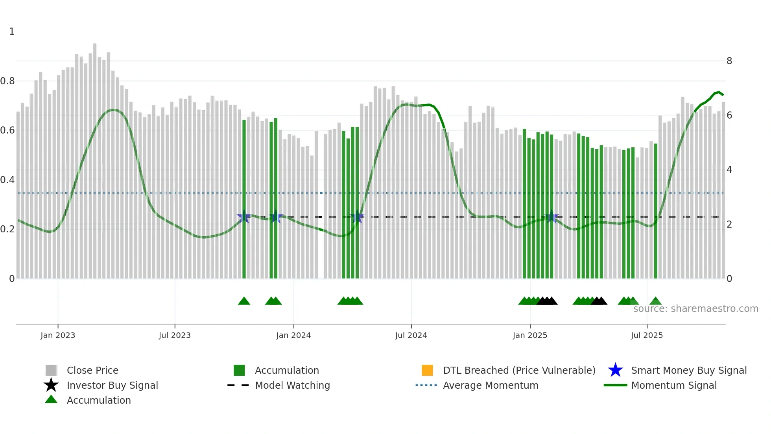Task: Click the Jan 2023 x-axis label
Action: point(57,335)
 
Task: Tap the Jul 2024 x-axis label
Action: point(411,335)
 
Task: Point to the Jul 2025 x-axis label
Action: point(647,335)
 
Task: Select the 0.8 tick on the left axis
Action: point(7,81)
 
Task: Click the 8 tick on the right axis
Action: point(729,61)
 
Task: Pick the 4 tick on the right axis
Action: point(729,170)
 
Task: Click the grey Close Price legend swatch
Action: point(51,370)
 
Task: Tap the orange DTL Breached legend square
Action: point(427,370)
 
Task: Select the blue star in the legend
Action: point(615,370)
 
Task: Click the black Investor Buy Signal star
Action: point(51,385)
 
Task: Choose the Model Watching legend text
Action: point(292,385)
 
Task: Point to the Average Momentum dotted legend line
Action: point(426,385)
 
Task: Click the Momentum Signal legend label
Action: point(674,385)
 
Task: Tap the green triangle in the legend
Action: point(51,400)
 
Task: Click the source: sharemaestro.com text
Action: point(695,309)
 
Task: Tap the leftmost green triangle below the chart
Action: point(244,301)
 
